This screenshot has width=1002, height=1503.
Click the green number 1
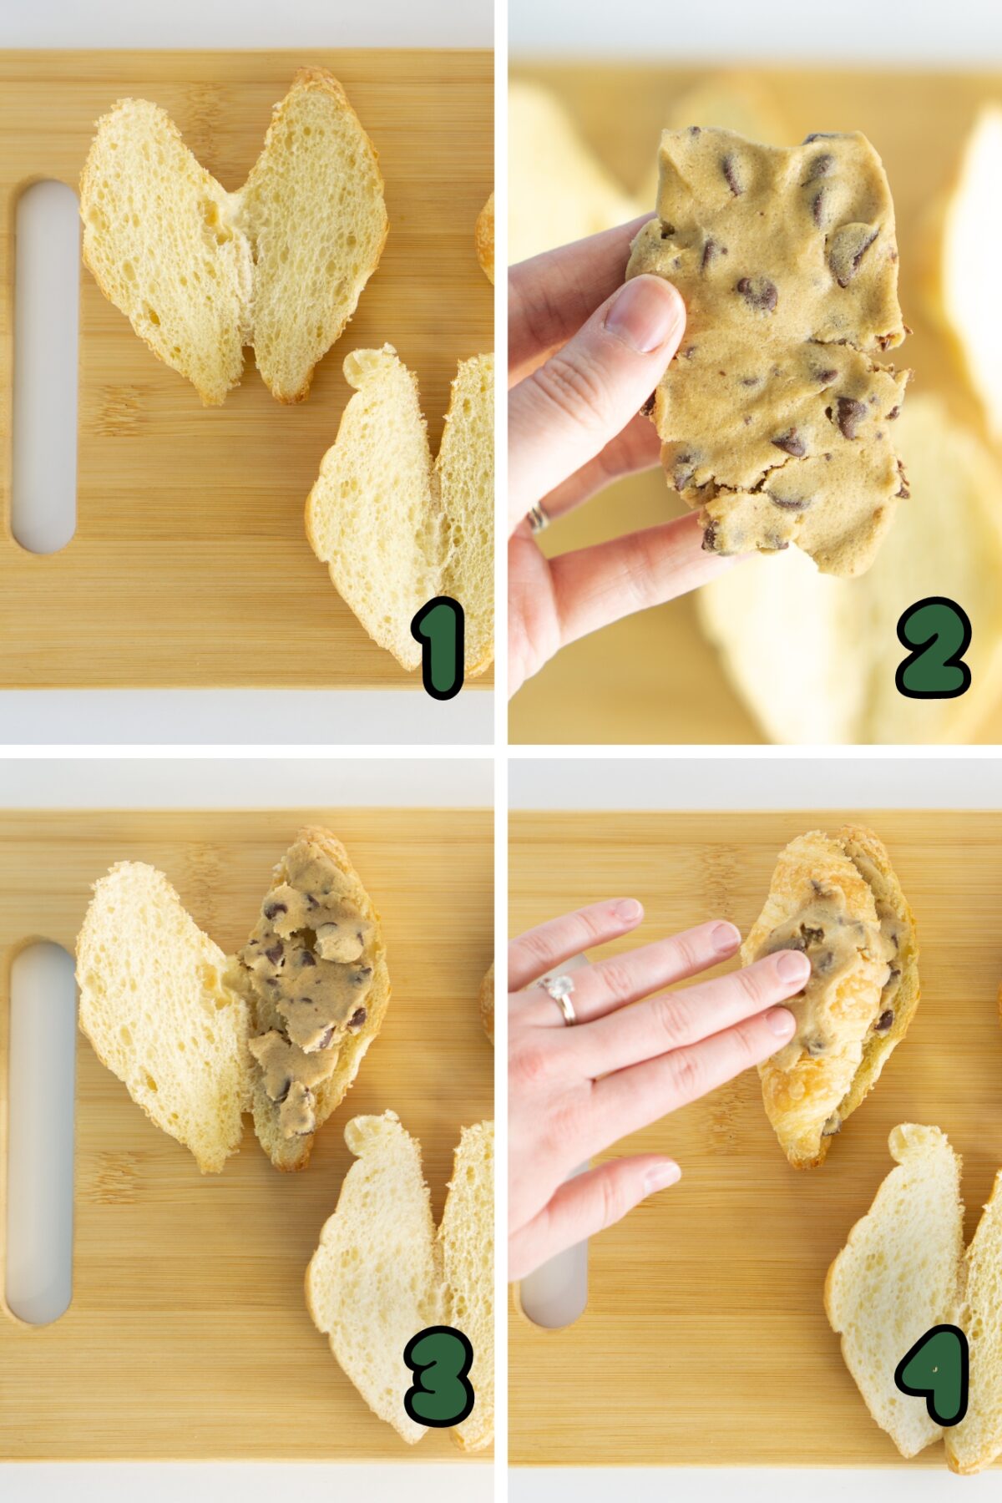pyautogui.click(x=438, y=647)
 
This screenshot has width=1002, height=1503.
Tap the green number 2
pyautogui.click(x=934, y=647)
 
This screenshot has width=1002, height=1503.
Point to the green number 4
pyautogui.click(x=934, y=1374)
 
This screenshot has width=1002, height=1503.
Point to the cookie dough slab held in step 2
pyautogui.click(x=772, y=351)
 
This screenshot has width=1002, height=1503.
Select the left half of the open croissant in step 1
pyautogui.click(x=163, y=246)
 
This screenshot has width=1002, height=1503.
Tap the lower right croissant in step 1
pyautogui.click(x=401, y=509)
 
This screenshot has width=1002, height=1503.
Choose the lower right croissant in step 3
pyautogui.click(x=401, y=1278)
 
